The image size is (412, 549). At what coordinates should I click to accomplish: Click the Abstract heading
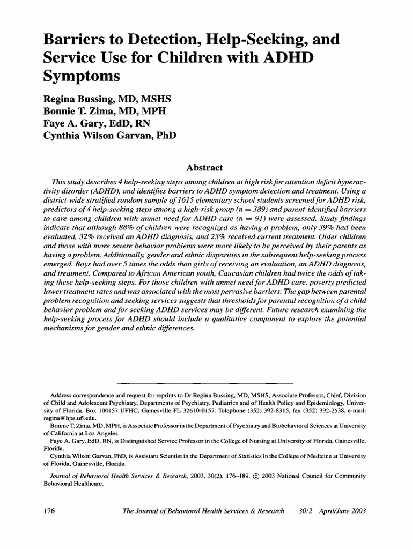point(205,168)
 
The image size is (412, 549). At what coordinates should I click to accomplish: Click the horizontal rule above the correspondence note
point(204,384)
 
